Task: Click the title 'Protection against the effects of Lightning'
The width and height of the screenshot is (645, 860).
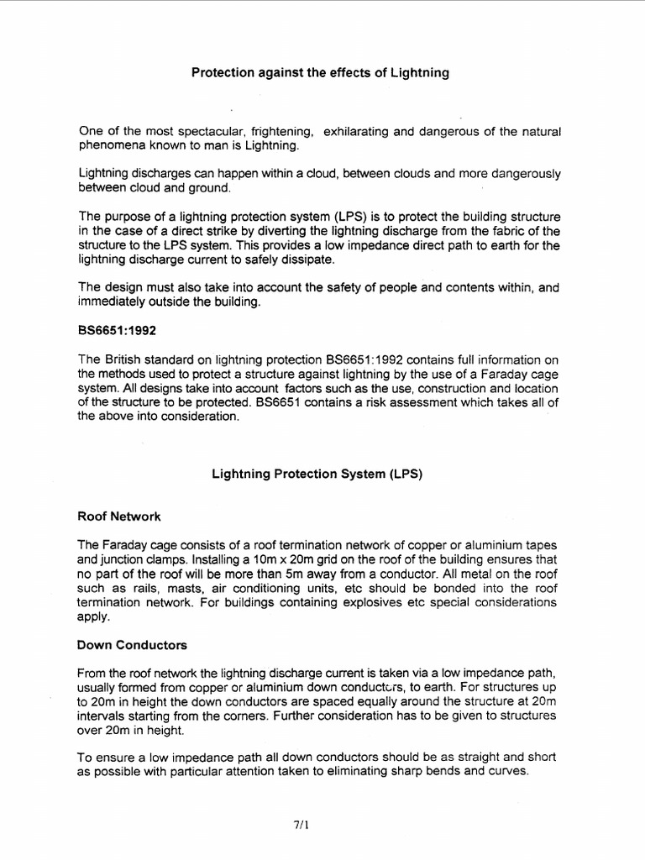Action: point(321,73)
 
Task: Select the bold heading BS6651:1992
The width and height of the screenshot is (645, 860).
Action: point(117,330)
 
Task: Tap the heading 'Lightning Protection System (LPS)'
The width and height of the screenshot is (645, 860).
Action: point(316,474)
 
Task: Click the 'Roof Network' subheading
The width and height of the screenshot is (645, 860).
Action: point(118,517)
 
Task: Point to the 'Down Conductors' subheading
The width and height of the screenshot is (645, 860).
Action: point(132,645)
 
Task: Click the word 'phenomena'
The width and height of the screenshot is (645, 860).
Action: point(113,145)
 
